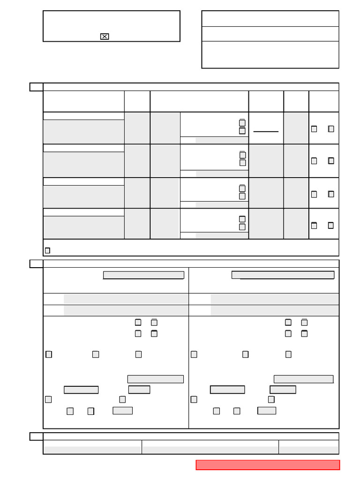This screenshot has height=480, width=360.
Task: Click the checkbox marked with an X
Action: click(105, 37)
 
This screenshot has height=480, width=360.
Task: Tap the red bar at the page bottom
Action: click(267, 465)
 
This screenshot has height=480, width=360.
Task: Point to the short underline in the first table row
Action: click(266, 131)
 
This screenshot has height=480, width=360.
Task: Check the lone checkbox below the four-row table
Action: click(47, 250)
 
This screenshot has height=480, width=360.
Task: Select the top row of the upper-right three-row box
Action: click(270, 19)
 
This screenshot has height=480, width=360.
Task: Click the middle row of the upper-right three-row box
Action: click(270, 34)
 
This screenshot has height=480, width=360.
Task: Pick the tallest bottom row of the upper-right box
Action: click(270, 54)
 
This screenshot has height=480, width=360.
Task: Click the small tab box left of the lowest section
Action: click(36, 436)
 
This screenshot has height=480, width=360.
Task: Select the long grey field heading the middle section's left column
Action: click(143, 275)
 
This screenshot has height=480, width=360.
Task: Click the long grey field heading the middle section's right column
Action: click(283, 275)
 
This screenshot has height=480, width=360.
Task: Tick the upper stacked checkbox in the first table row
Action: click(242, 123)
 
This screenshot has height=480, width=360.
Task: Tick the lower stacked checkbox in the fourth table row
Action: click(242, 227)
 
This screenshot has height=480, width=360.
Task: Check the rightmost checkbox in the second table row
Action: click(331, 161)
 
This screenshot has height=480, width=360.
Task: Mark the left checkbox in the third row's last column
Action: click(314, 194)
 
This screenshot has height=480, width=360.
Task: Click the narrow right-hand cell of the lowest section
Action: click(308, 447)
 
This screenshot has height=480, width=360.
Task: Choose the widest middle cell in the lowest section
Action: click(210, 447)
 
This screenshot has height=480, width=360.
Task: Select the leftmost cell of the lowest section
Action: click(92, 447)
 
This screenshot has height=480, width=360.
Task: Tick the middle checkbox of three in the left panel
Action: click(96, 354)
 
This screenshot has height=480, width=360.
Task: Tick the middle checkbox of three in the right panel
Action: click(245, 354)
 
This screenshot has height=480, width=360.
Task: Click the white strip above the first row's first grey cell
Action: click(83, 116)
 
